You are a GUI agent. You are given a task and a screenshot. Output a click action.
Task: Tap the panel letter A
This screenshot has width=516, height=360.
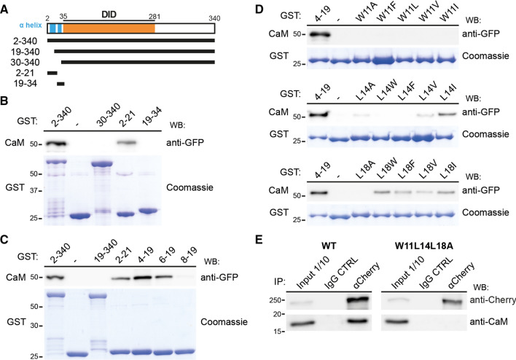click(x=5, y=7)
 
